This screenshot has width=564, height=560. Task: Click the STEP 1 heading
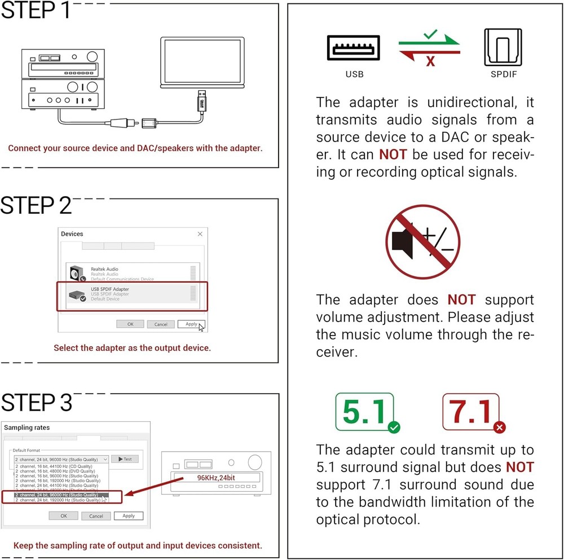(36, 11)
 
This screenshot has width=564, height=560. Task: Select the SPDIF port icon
(503, 48)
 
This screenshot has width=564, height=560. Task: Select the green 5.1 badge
(364, 412)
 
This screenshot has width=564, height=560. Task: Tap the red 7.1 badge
(471, 412)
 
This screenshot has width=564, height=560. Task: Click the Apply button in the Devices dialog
(191, 324)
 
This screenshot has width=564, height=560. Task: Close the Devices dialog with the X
(200, 233)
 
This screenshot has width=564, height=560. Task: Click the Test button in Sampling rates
(125, 459)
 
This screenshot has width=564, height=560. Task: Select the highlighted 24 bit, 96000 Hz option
(62, 495)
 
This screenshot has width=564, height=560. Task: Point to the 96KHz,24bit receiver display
(216, 478)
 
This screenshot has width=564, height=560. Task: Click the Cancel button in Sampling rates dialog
(96, 515)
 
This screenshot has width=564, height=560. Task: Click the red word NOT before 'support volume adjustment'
(461, 299)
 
